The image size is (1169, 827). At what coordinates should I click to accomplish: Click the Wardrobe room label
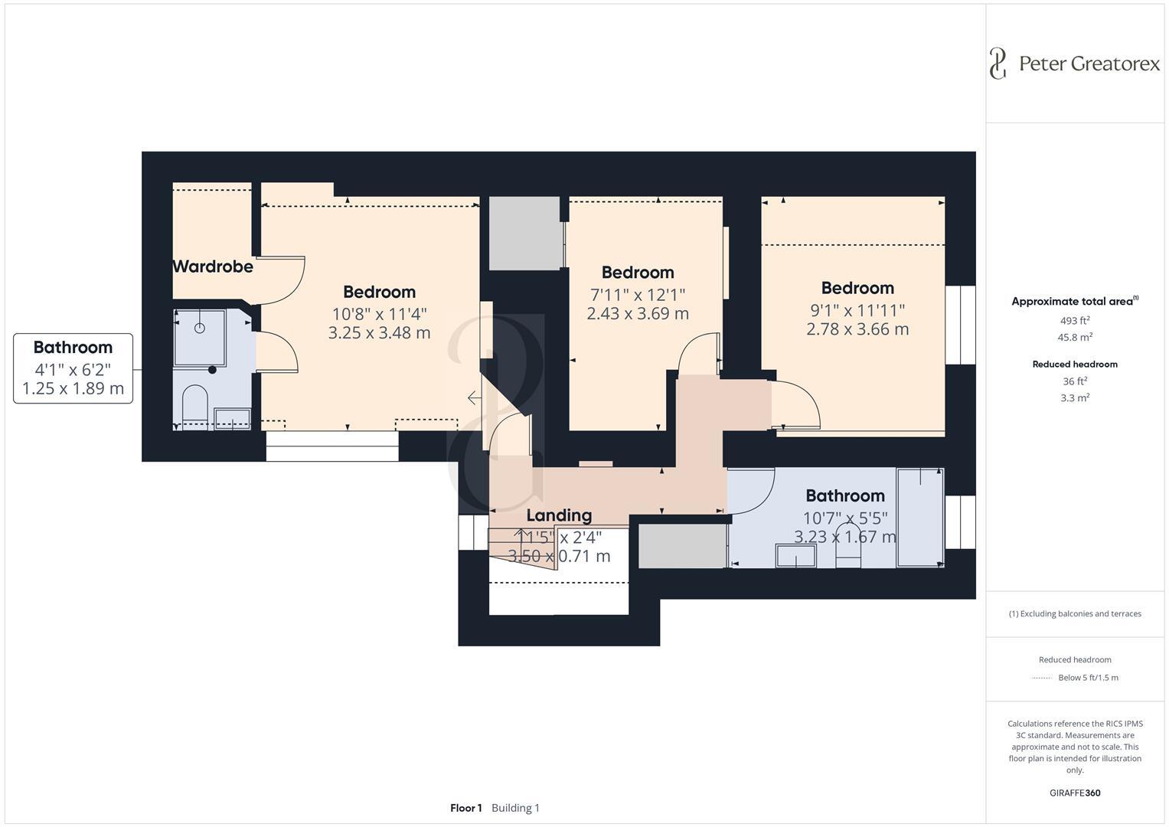pos(212,266)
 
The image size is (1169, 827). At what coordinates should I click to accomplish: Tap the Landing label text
pos(559,515)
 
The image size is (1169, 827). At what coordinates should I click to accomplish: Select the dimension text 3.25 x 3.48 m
pos(379,333)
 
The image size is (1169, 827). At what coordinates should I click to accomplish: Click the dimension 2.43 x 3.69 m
pos(638,313)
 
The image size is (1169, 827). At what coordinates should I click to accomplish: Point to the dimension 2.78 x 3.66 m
pos(857,329)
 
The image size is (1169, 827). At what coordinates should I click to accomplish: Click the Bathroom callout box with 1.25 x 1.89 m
pos(73,368)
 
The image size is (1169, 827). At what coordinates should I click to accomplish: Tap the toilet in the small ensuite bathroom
pos(195,404)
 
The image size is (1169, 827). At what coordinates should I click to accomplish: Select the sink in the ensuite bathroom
pos(232,419)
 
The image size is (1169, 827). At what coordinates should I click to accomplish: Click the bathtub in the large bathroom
pos(920,517)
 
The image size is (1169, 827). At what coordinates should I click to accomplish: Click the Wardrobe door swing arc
pos(288,279)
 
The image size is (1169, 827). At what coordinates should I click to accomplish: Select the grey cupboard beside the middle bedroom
pos(524,234)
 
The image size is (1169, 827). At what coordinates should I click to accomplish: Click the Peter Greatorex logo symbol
pos(997,63)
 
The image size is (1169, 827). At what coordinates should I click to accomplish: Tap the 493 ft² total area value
pos(1075,321)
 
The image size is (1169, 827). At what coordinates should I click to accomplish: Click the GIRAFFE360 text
pos(1075,793)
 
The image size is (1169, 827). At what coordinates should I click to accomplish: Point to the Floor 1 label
pos(465,808)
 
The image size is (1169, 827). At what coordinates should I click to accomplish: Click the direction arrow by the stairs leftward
pos(475,398)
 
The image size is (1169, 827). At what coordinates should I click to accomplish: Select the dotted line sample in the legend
pos(1042,678)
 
